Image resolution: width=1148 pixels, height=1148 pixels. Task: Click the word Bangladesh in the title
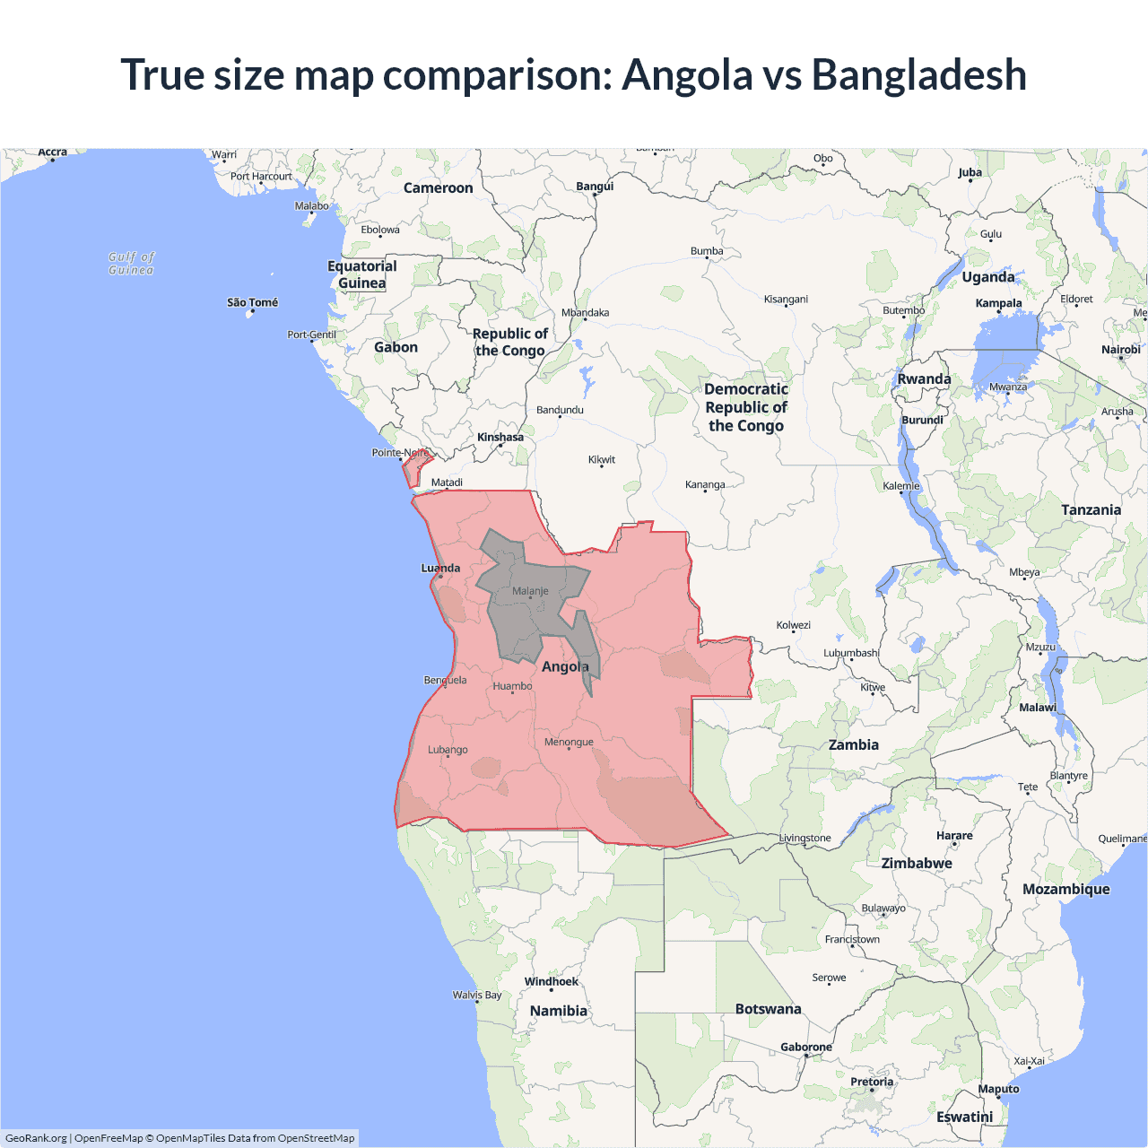tap(918, 74)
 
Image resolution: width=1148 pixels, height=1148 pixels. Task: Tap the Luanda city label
tap(440, 568)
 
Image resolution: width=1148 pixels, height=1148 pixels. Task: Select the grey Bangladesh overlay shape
tap(520, 619)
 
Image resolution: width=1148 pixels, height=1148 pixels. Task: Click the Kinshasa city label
tap(500, 438)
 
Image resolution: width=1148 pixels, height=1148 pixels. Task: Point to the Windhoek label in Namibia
tap(551, 981)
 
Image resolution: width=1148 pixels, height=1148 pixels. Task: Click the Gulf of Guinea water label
tap(131, 263)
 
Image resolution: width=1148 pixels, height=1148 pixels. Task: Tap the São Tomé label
tap(252, 302)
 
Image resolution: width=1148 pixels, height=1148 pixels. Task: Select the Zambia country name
tap(853, 744)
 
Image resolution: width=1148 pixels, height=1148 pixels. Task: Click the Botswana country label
tap(768, 1009)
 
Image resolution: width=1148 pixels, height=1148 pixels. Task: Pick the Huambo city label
tap(512, 686)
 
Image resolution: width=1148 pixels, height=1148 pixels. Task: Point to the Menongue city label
tap(569, 742)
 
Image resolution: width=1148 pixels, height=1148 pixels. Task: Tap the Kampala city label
tap(998, 303)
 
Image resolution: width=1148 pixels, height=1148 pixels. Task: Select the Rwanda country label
tap(924, 378)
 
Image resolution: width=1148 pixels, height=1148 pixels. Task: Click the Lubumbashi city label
tap(850, 653)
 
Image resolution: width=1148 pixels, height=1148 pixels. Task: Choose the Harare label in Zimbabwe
tap(954, 835)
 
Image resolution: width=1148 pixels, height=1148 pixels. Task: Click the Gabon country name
tap(396, 347)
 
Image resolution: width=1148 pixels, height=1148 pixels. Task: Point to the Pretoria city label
tap(872, 1082)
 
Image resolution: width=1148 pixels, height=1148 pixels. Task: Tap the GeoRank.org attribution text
tap(36, 1138)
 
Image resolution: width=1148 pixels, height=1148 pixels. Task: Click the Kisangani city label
tap(786, 299)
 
